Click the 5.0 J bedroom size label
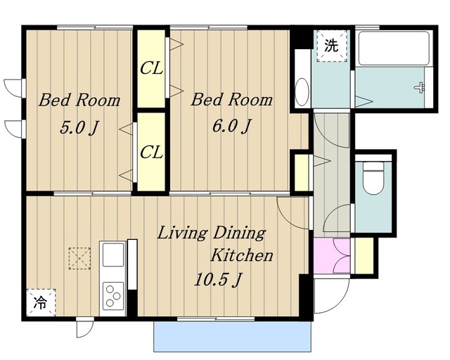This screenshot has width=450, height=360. click(x=79, y=128)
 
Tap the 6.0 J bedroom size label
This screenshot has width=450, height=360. click(x=231, y=126)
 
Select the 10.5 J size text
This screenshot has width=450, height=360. click(x=219, y=280)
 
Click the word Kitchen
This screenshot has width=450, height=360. click(x=242, y=255)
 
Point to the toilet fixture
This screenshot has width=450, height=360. click(x=373, y=178)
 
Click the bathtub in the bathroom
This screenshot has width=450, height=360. click(x=394, y=49)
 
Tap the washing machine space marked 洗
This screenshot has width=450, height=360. click(x=332, y=46)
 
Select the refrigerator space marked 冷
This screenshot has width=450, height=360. click(x=41, y=302)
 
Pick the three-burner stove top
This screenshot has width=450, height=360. click(x=113, y=296)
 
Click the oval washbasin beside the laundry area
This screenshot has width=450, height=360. click(x=302, y=92)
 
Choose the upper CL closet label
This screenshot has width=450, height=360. click(x=151, y=68)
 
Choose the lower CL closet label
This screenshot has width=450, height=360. click(x=151, y=152)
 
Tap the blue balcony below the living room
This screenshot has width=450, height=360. click(x=232, y=336)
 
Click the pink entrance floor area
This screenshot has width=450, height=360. click(x=332, y=256)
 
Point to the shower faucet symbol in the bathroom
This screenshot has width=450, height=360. click(x=420, y=87)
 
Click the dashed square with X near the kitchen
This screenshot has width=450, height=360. click(x=79, y=258)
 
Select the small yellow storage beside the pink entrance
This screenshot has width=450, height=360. click(x=364, y=255)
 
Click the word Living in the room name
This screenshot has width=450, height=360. click(x=181, y=233)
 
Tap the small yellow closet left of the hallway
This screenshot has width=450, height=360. click(x=302, y=173)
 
